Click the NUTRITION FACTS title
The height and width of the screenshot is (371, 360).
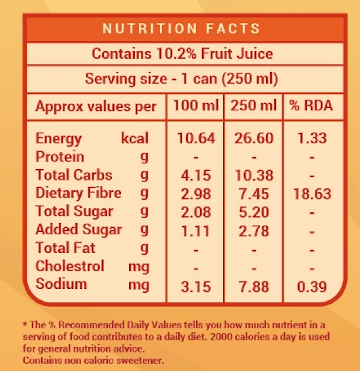pyautogui.click(x=182, y=29)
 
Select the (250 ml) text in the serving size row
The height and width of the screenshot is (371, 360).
pyautogui.click(x=250, y=79)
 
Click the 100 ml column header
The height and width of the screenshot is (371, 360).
pyautogui.click(x=196, y=105)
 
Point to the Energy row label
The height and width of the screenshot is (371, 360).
pyautogui.click(x=59, y=139)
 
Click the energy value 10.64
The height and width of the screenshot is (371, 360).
pyautogui.click(x=196, y=138)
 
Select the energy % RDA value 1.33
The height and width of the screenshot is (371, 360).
pyautogui.click(x=312, y=138)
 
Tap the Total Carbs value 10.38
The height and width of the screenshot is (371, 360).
pyautogui.click(x=254, y=175)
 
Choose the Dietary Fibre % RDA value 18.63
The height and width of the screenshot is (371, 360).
pyautogui.click(x=312, y=194)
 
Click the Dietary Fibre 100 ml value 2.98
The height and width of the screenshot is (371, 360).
pyautogui.click(x=196, y=194)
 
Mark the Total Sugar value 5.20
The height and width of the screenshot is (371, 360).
pyautogui.click(x=254, y=212)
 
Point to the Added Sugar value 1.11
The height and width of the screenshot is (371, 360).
pyautogui.click(x=196, y=231)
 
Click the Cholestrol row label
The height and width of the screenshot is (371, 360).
pyautogui.click(x=70, y=266)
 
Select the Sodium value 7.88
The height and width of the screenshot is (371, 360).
pyautogui.click(x=254, y=287)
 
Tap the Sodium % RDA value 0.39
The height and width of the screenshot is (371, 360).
pyautogui.click(x=312, y=287)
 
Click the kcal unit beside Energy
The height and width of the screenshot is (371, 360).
pyautogui.click(x=135, y=138)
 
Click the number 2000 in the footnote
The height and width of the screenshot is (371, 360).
pyautogui.click(x=221, y=337)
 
